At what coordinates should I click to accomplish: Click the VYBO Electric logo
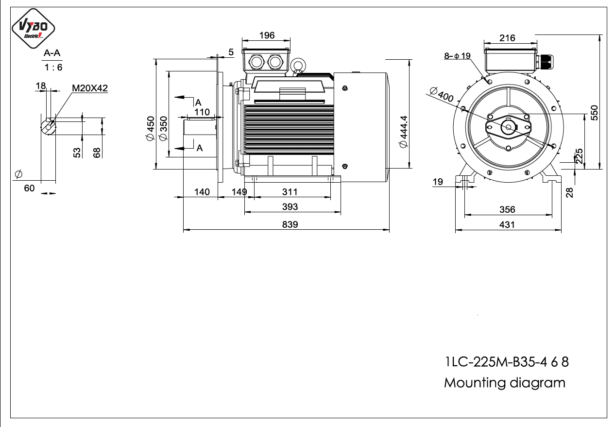coord(33,28)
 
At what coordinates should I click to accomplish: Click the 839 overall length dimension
coord(290,224)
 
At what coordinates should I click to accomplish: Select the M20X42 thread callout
coord(90,88)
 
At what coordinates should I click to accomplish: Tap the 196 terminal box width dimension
coord(267,35)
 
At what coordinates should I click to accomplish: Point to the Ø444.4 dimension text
coord(404,132)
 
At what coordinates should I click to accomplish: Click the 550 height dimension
coord(594,113)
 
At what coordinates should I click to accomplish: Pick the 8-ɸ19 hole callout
coord(458,56)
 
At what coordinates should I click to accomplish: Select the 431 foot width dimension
coord(507,224)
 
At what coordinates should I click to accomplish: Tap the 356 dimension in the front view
coord(507,209)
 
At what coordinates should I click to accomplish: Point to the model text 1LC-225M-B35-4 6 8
coord(507,362)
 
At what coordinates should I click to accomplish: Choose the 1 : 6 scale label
coord(53,67)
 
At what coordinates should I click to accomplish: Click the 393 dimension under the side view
coord(290,206)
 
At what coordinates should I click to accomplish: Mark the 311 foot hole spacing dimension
coord(290,192)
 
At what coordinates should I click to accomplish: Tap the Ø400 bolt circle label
coord(442,94)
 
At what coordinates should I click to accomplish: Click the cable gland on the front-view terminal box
coord(545,62)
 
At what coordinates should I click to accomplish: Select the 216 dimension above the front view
coord(507,38)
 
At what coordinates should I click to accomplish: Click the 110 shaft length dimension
coord(202,112)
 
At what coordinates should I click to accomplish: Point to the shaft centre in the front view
coord(508,127)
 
